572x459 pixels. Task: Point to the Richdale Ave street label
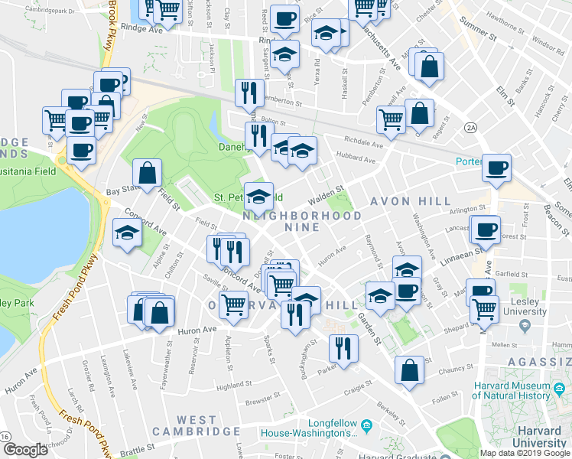click(x=363, y=143)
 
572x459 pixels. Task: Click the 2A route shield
click(x=470, y=129)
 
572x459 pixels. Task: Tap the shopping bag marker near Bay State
click(x=148, y=174)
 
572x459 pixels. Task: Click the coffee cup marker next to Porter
click(x=497, y=168)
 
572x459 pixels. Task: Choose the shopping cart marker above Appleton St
click(x=233, y=304)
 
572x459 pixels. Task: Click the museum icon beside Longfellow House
click(x=366, y=424)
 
